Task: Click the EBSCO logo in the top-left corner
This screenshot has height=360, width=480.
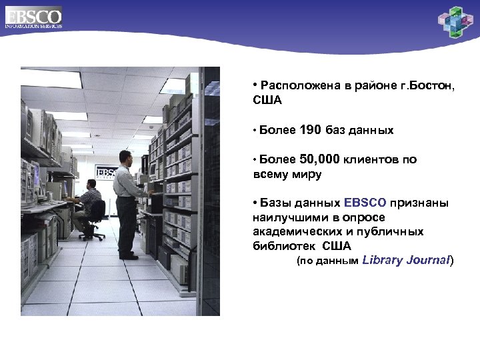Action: click(x=33, y=17)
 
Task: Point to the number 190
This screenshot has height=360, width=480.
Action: click(x=311, y=130)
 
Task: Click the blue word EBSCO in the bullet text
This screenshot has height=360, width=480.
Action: click(x=365, y=203)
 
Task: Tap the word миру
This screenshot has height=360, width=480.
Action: click(x=307, y=175)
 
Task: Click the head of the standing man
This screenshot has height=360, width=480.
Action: click(x=125, y=157)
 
